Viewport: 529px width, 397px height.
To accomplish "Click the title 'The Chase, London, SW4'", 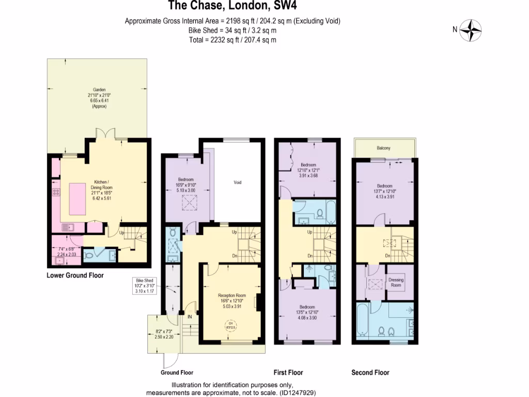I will click(x=233, y=7).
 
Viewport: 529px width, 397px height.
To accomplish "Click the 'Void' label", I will click(x=238, y=182).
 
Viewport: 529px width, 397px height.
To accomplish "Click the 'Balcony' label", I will click(x=383, y=148).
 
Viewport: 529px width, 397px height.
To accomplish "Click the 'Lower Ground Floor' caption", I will click(x=75, y=276).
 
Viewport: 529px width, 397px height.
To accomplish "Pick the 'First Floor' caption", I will click(x=288, y=372).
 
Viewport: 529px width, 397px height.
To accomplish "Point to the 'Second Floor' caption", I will click(x=370, y=372).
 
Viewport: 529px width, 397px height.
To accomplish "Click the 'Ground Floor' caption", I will click(x=177, y=372).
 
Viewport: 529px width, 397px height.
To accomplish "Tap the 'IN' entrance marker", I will click(x=190, y=316).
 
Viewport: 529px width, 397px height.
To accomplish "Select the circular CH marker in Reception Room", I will click(x=230, y=326).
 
